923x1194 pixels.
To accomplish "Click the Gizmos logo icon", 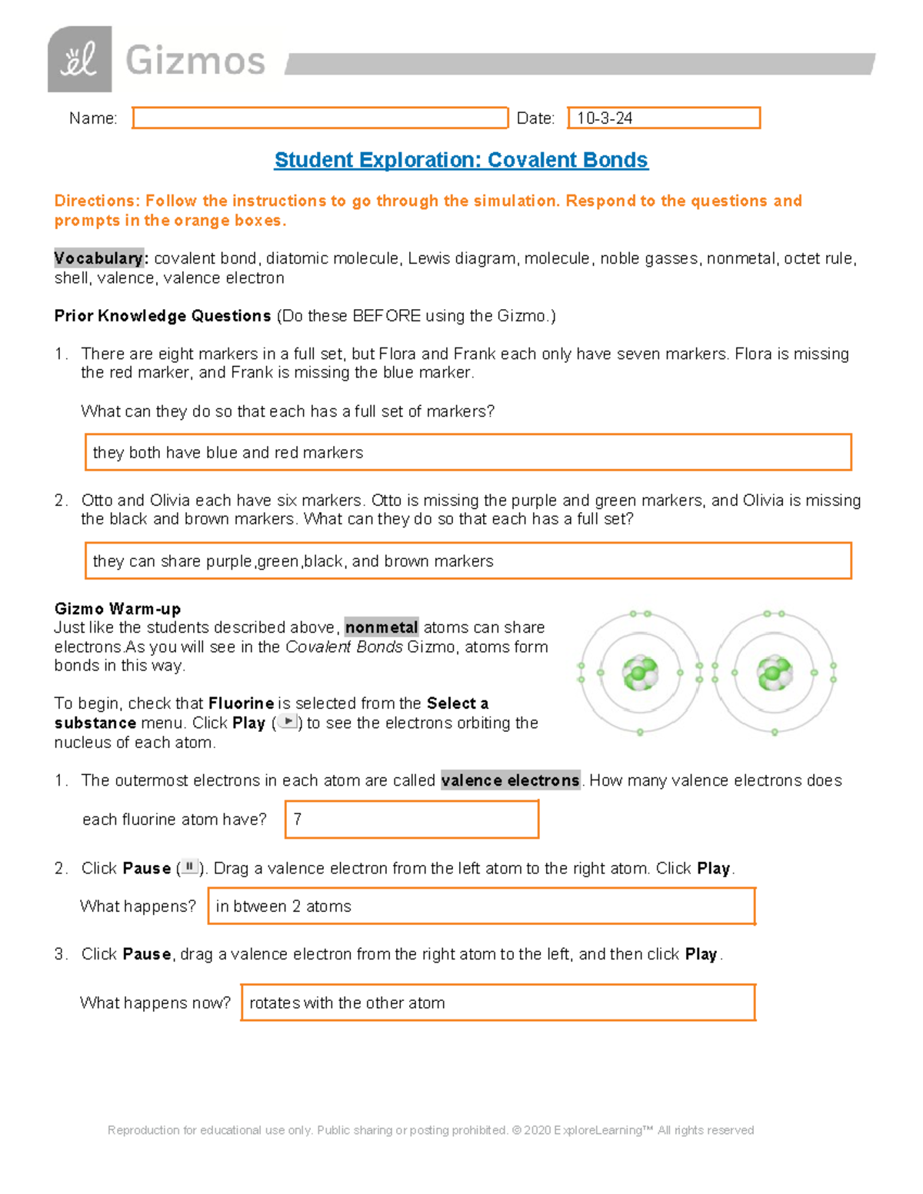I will [80, 60].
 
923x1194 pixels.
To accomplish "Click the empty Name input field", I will [320, 118].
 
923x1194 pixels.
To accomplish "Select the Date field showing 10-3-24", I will [663, 118].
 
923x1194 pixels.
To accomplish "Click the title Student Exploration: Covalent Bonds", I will [461, 160].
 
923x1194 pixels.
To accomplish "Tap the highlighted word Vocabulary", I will [98, 258].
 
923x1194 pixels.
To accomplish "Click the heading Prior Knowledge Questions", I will [162, 316].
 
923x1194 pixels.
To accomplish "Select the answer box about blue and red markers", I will [468, 452].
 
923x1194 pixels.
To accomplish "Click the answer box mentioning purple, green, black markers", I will [468, 560].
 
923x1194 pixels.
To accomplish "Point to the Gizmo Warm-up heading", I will [118, 609].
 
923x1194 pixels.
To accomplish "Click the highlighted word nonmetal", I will [382, 627].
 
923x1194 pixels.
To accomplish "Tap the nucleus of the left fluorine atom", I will [640, 673].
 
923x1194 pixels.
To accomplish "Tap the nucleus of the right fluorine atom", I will [774, 673].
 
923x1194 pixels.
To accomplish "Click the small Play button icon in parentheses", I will [288, 722].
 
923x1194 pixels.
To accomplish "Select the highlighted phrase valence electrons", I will [510, 780].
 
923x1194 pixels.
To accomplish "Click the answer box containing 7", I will [412, 819].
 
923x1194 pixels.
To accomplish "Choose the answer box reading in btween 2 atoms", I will [481, 906].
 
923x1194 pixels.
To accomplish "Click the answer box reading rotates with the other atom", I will [498, 1003].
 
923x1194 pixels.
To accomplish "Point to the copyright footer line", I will [431, 1130].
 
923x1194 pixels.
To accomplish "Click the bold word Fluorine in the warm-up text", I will [241, 703].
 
